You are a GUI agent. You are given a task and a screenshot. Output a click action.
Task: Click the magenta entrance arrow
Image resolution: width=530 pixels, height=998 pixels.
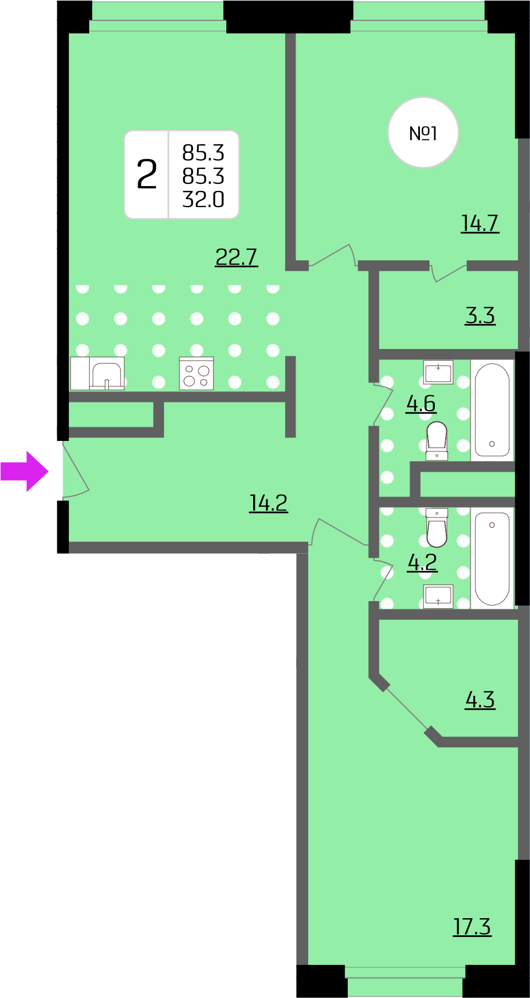point(25,471)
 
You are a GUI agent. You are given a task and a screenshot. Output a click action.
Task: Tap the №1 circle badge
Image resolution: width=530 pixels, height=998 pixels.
point(423,133)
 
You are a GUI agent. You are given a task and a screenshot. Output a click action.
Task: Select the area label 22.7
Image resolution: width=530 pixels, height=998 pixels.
point(236,257)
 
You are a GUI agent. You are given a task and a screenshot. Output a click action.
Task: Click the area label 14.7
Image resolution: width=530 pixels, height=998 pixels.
point(480,223)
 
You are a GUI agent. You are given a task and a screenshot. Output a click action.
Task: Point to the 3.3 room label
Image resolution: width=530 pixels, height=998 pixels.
point(480,315)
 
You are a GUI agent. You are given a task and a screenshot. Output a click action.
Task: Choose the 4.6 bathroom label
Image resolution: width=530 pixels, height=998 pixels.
point(421,403)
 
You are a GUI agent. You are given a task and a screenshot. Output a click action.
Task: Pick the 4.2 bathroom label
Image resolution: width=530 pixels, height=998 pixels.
point(422,562)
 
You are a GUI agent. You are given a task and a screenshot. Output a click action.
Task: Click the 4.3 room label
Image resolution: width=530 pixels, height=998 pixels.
point(480,700)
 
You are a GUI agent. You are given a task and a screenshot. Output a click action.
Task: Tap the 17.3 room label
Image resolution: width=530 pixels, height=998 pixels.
point(472,926)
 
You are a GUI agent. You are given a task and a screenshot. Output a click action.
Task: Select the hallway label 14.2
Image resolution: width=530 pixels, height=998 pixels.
point(269,503)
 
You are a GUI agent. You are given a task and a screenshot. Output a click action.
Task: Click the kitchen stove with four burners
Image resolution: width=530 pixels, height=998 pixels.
point(196,374)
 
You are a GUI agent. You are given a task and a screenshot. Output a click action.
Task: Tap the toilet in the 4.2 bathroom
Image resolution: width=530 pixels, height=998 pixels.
point(437,527)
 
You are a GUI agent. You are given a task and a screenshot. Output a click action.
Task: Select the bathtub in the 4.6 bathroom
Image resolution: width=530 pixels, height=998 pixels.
point(492,410)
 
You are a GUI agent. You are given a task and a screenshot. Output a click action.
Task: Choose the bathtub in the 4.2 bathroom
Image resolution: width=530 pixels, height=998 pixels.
point(492,558)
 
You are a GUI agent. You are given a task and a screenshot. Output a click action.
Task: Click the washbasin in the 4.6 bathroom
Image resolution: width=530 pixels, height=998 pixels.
point(438,372)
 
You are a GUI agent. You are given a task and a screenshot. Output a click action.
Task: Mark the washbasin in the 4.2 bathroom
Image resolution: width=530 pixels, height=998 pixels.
point(438,597)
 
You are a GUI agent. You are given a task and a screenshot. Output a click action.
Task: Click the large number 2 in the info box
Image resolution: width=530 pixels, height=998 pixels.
point(147,174)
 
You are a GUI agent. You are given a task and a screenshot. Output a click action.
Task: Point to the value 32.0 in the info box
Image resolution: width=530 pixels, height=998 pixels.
point(203,199)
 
